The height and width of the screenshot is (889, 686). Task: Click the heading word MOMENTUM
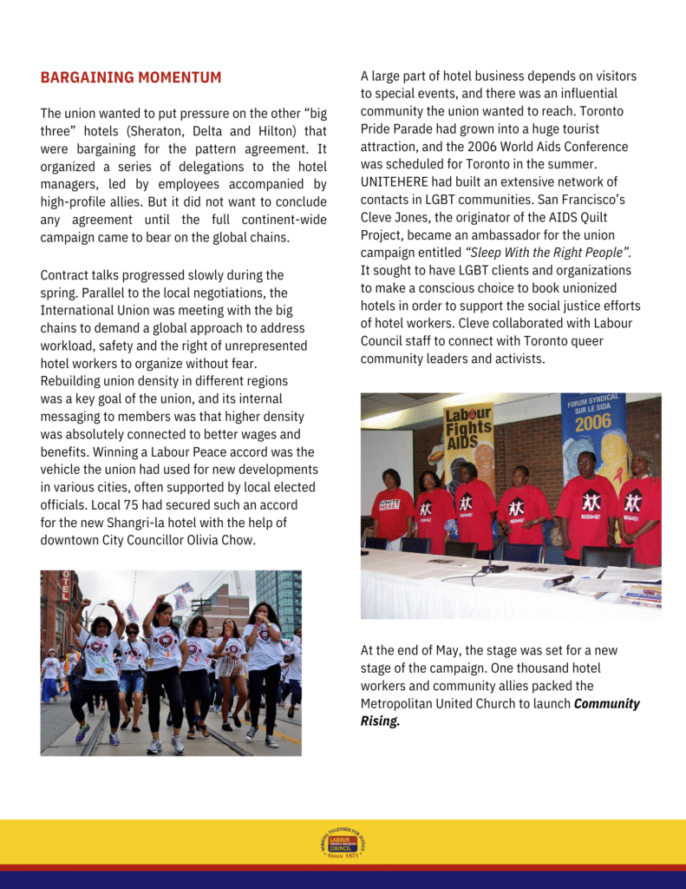point(178,77)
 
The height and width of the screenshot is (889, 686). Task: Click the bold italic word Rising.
point(380,721)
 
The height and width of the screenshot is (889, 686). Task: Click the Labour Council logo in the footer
point(343,845)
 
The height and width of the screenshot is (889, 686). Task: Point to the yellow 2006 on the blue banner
point(593,422)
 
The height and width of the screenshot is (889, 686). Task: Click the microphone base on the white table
point(495,568)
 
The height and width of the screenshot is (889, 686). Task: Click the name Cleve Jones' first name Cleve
point(379,218)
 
